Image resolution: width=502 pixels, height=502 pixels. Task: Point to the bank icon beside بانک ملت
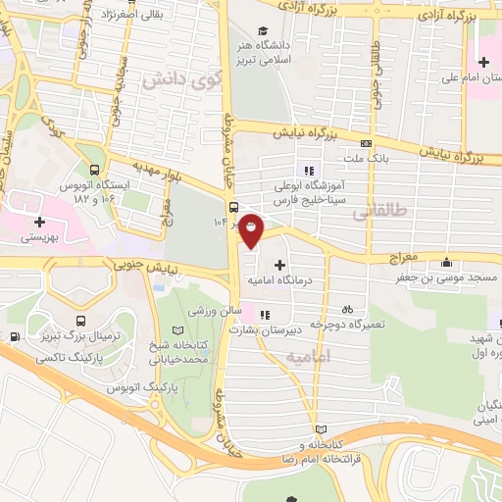pyautogui.click(x=366, y=142)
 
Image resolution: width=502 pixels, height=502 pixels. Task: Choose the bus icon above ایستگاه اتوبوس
pyautogui.click(x=94, y=168)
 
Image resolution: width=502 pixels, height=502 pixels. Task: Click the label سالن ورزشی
pyautogui.click(x=209, y=311)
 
